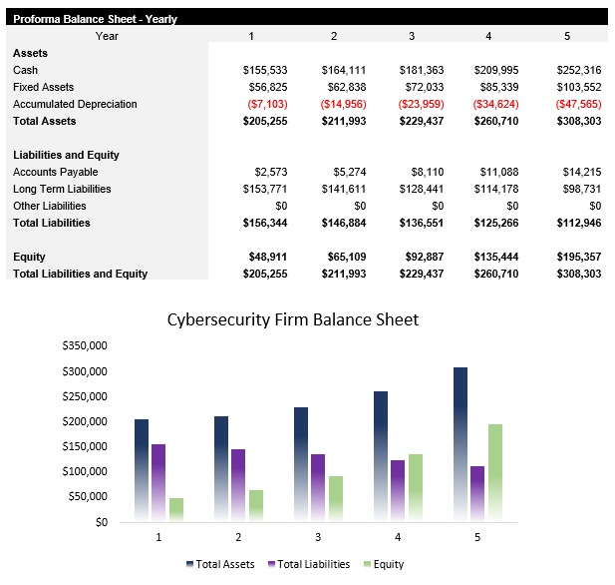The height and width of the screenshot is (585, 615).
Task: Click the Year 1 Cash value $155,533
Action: click(x=265, y=70)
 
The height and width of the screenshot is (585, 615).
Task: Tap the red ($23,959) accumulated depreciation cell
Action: click(x=422, y=104)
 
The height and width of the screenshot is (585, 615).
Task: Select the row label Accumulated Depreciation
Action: click(x=75, y=104)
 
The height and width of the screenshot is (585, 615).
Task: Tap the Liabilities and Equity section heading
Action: click(x=66, y=155)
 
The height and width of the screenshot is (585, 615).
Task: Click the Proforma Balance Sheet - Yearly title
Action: click(x=95, y=18)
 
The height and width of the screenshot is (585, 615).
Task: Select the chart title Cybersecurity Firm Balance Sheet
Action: click(x=292, y=320)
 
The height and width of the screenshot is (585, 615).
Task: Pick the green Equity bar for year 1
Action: click(x=176, y=509)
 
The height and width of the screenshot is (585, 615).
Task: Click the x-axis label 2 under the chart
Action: click(x=238, y=537)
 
